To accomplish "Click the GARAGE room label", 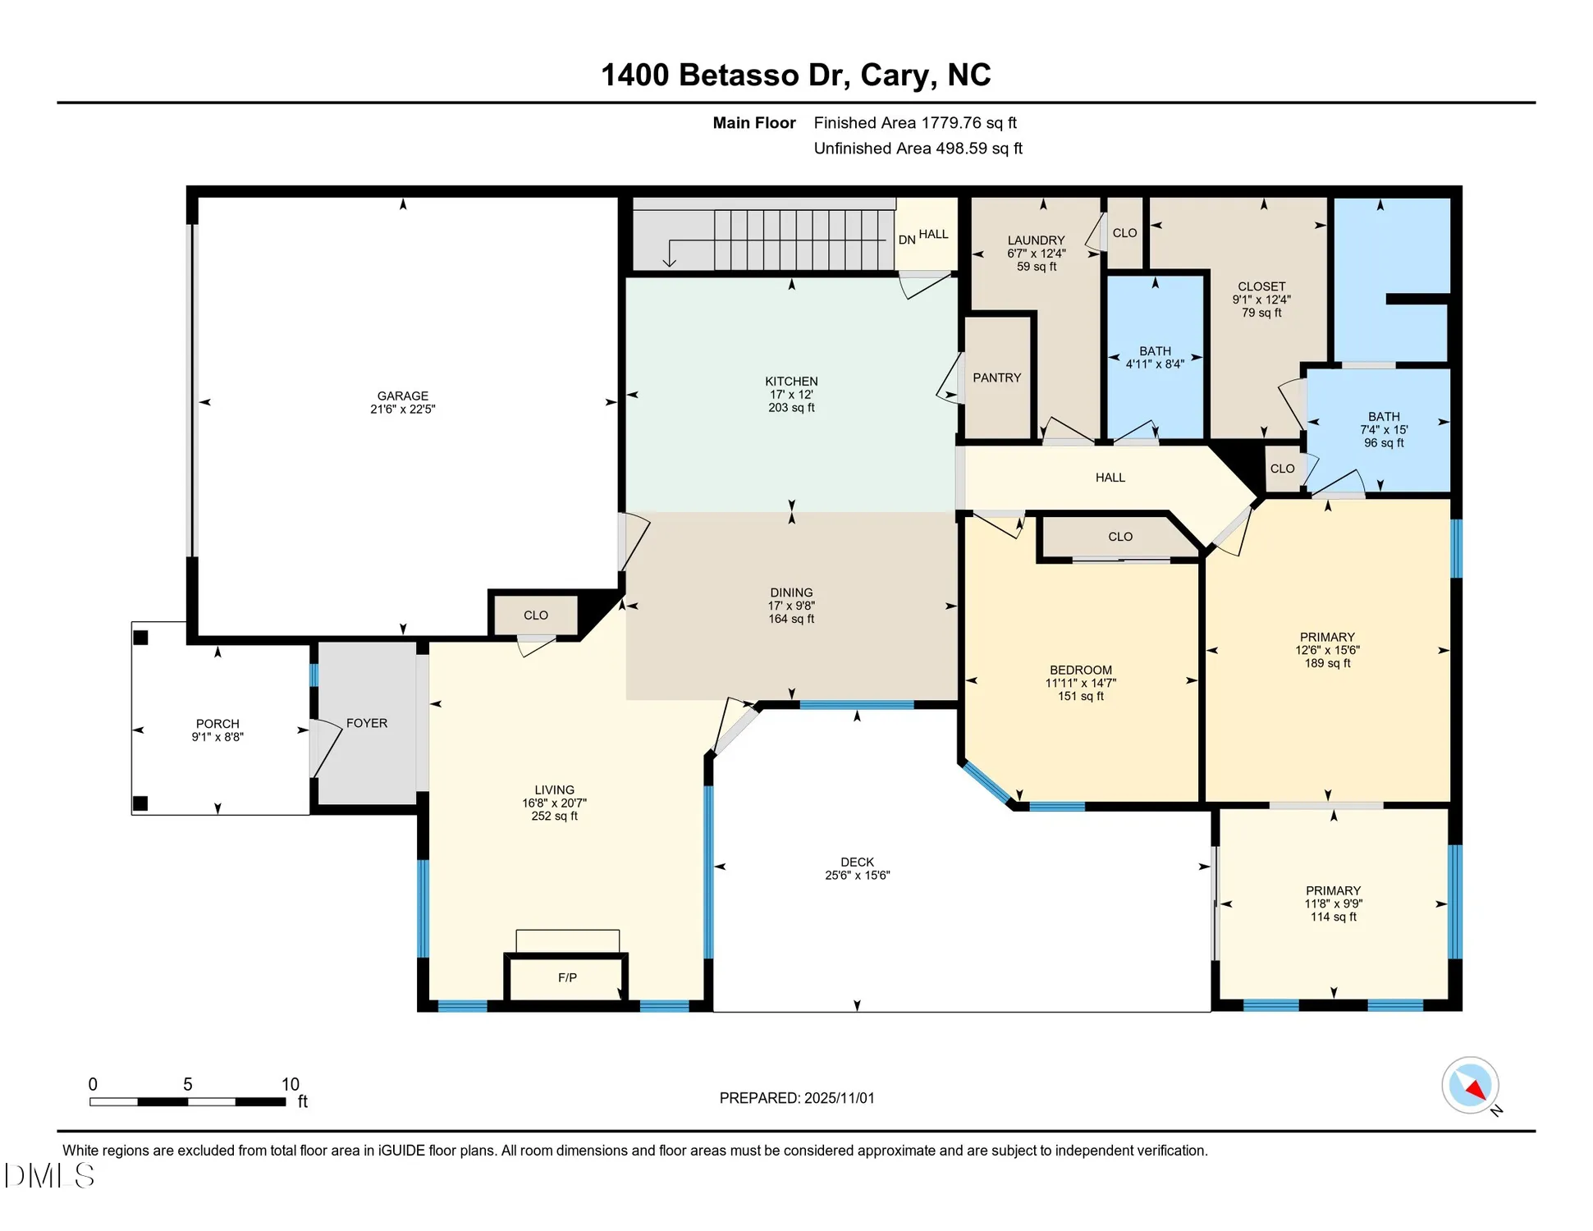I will tap(402, 396).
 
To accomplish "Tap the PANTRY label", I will tap(996, 378).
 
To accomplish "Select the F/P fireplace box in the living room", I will tap(567, 977).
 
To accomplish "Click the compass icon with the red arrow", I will tap(1470, 1085).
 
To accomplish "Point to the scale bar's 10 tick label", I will tap(291, 1084).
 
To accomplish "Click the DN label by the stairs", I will tap(906, 240).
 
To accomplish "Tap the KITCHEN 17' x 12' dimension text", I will tap(791, 395).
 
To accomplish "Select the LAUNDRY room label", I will tap(1036, 240).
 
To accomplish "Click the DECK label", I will tap(857, 862).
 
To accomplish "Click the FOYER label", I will tap(366, 723).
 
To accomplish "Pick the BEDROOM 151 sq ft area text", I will tap(1080, 696).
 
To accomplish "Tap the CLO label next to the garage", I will tap(535, 615).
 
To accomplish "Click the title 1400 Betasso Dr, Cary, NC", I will tap(795, 75).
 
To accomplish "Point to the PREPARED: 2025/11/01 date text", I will tap(796, 1097).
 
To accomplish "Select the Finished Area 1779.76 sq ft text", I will tap(914, 123).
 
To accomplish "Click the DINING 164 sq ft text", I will tap(791, 619).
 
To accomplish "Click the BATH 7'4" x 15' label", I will tap(1384, 429).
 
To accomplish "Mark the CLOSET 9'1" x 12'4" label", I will tap(1261, 300).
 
